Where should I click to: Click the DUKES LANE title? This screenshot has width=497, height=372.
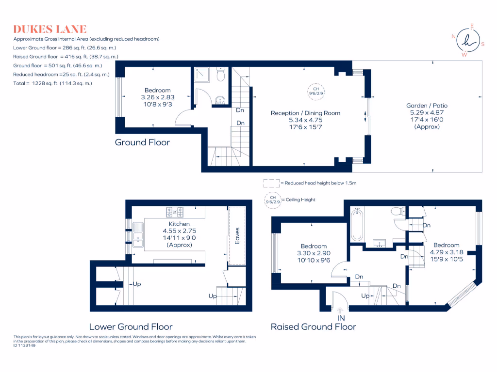[x=50, y=29]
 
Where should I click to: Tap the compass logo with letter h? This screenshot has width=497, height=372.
[x=468, y=40]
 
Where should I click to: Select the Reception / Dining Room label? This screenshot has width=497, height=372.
[x=305, y=113]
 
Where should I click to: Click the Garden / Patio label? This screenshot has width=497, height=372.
[x=427, y=105]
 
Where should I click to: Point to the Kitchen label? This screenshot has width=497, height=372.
[x=179, y=224]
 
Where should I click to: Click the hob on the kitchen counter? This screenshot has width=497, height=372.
[x=175, y=212]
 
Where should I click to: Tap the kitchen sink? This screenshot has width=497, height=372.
[x=138, y=235]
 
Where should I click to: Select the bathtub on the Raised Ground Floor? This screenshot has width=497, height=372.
[x=357, y=225]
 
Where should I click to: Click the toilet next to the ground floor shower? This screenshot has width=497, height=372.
[x=221, y=74]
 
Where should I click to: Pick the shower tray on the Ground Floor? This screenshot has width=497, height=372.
[x=201, y=75]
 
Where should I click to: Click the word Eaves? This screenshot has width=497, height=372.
[x=237, y=236]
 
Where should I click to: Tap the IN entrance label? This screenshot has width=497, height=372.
[x=341, y=318]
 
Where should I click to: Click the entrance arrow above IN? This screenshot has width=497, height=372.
[x=340, y=310]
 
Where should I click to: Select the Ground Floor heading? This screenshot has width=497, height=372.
[x=142, y=142]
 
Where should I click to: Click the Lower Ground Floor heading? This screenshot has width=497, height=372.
[x=131, y=326]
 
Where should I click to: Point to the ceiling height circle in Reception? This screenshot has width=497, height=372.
[x=316, y=92]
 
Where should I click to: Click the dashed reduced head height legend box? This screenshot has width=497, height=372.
[x=272, y=183]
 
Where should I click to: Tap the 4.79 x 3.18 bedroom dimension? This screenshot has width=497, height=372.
[x=447, y=252]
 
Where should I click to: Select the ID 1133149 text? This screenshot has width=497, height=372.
[x=24, y=345]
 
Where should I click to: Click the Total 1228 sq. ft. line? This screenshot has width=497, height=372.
[x=52, y=83]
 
